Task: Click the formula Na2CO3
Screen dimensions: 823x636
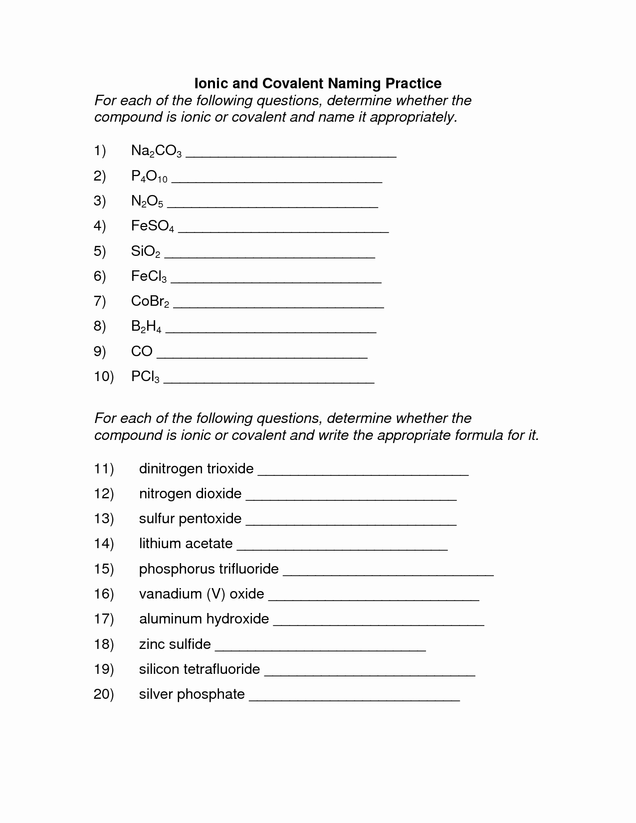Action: [156, 151]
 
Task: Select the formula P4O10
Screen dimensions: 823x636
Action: [149, 176]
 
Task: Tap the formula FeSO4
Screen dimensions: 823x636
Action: [152, 226]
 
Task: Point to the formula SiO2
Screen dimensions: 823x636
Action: [146, 251]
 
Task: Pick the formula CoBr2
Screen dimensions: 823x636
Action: [150, 301]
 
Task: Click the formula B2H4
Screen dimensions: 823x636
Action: [146, 327]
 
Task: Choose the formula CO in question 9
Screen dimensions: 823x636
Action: [142, 351]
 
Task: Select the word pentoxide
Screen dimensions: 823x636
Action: [210, 519]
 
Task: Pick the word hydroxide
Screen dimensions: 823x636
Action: [237, 618]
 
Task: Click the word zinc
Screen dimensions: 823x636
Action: [152, 644]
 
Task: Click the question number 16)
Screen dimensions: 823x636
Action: [104, 594]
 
